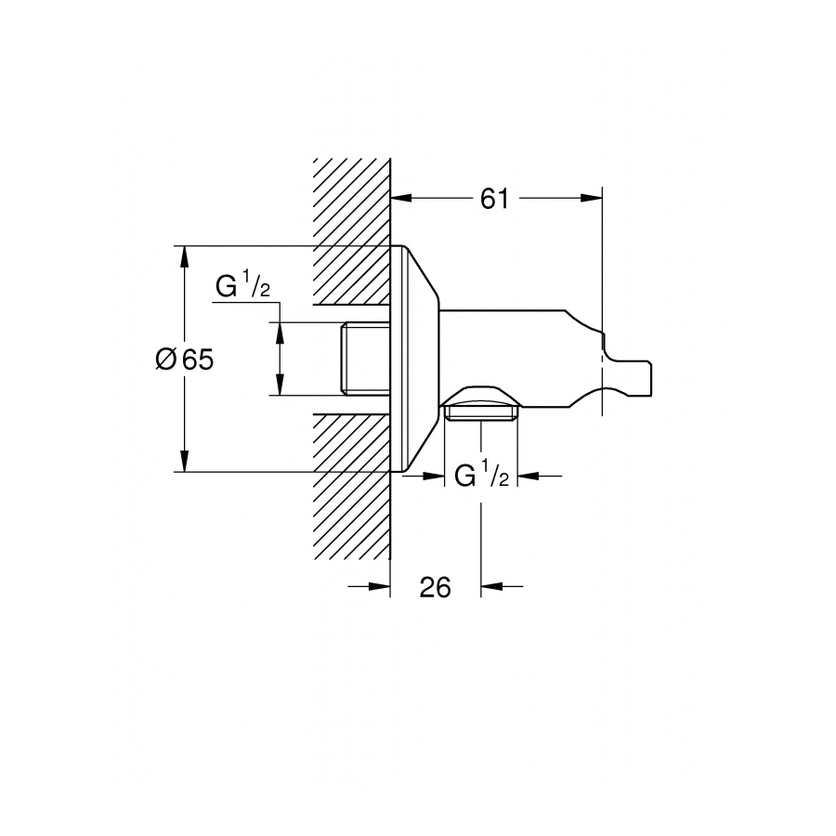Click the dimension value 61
coord(494,199)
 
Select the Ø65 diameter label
coord(185,359)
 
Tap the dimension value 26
coord(435,587)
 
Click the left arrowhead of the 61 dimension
coord(402,198)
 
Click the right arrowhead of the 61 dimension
coord(592,198)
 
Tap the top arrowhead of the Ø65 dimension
coord(185,256)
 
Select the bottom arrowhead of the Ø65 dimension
coord(185,461)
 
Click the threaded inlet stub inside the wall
coord(366,359)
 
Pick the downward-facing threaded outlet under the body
coord(481,412)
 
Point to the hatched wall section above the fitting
coord(351,231)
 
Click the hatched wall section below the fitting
coord(351,486)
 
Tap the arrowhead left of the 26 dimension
coord(379,586)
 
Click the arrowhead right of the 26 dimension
coord(492,586)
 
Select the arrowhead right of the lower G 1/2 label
coord(529,475)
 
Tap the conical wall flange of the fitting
coord(415,359)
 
